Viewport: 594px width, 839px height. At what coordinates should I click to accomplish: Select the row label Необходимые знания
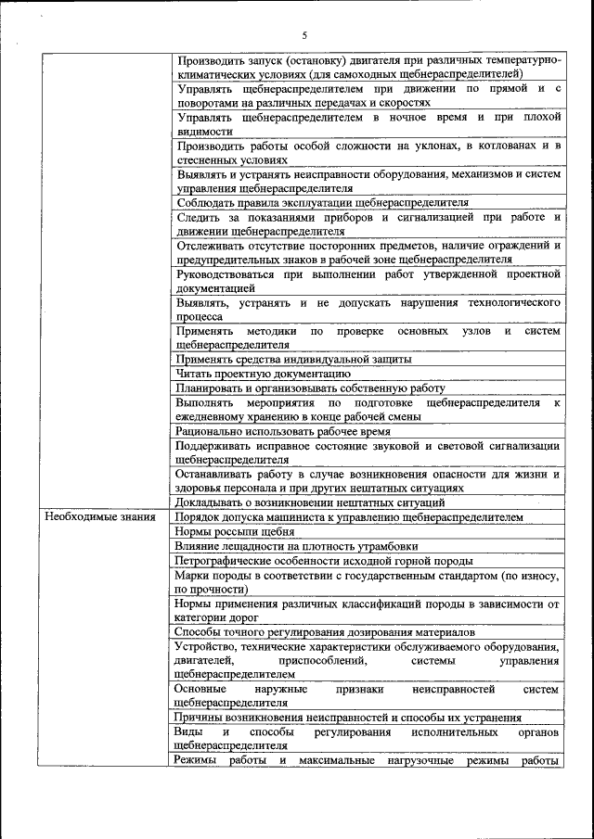pos(100,517)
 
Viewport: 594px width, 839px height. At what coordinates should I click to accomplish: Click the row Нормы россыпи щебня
pos(235,532)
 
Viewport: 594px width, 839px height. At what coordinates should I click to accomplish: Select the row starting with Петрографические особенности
pos(323,561)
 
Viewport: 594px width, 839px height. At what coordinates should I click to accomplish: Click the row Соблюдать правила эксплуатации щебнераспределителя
pos(321,201)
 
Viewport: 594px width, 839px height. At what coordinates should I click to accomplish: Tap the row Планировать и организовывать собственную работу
pos(310,388)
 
